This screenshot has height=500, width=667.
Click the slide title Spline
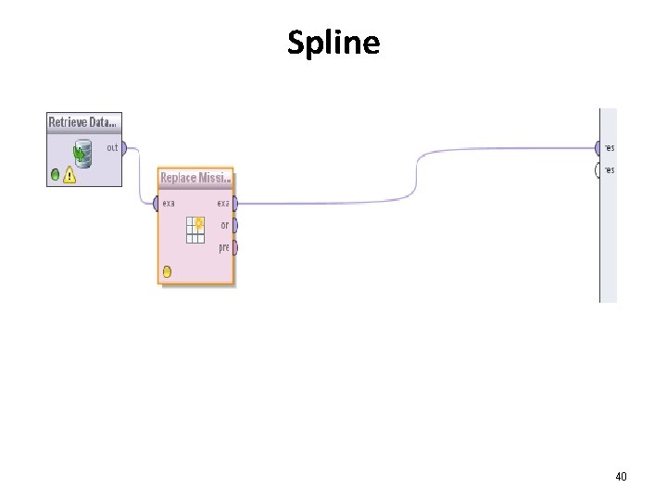(333, 43)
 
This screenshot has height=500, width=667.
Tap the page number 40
(621, 476)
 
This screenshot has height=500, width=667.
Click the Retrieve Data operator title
(83, 122)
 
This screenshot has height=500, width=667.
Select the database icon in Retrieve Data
(83, 153)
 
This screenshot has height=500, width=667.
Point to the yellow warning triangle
(69, 174)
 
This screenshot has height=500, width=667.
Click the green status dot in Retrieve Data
(56, 174)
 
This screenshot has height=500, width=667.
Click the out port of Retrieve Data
(124, 147)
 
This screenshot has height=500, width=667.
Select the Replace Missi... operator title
(195, 178)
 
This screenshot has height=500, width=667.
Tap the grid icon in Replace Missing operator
(195, 229)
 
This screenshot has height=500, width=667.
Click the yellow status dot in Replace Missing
(167, 271)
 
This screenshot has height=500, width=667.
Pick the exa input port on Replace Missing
(157, 204)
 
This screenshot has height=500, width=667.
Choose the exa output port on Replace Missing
(235, 204)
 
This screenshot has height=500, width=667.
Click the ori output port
(235, 225)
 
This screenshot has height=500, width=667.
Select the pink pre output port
(235, 247)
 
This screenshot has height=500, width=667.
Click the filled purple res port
(598, 147)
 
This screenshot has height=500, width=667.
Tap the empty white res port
(598, 170)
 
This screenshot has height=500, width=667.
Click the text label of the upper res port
(610, 147)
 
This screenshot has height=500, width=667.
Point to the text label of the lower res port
(610, 170)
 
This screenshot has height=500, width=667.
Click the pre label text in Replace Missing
(224, 247)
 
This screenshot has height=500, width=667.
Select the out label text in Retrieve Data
(112, 147)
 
